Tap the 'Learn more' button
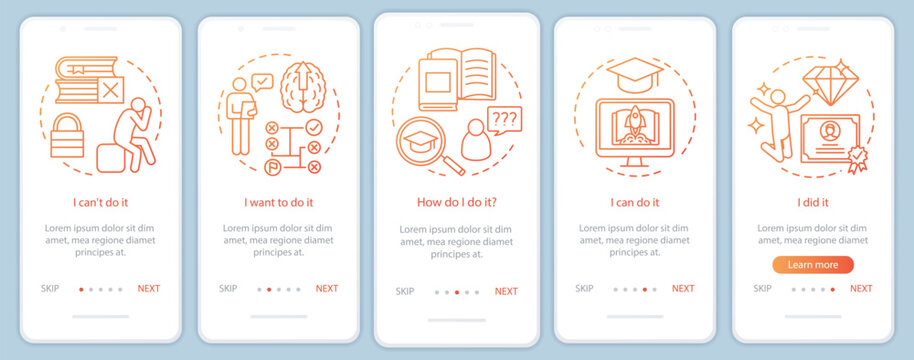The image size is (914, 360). click(812, 265)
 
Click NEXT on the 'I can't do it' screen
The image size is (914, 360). click(148, 289)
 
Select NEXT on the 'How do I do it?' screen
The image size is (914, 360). click(506, 292)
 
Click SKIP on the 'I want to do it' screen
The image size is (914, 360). click(228, 289)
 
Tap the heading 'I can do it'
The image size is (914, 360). click(634, 202)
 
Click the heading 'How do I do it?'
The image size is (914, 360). click(456, 202)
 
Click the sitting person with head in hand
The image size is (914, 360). click(133, 136)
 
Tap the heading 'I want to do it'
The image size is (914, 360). click(278, 202)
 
